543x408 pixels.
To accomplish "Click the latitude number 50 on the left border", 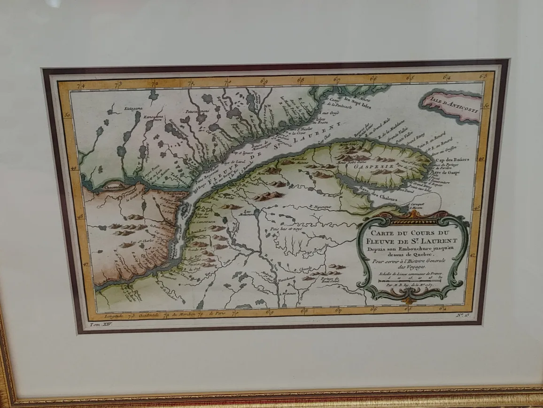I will point(67,115).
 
